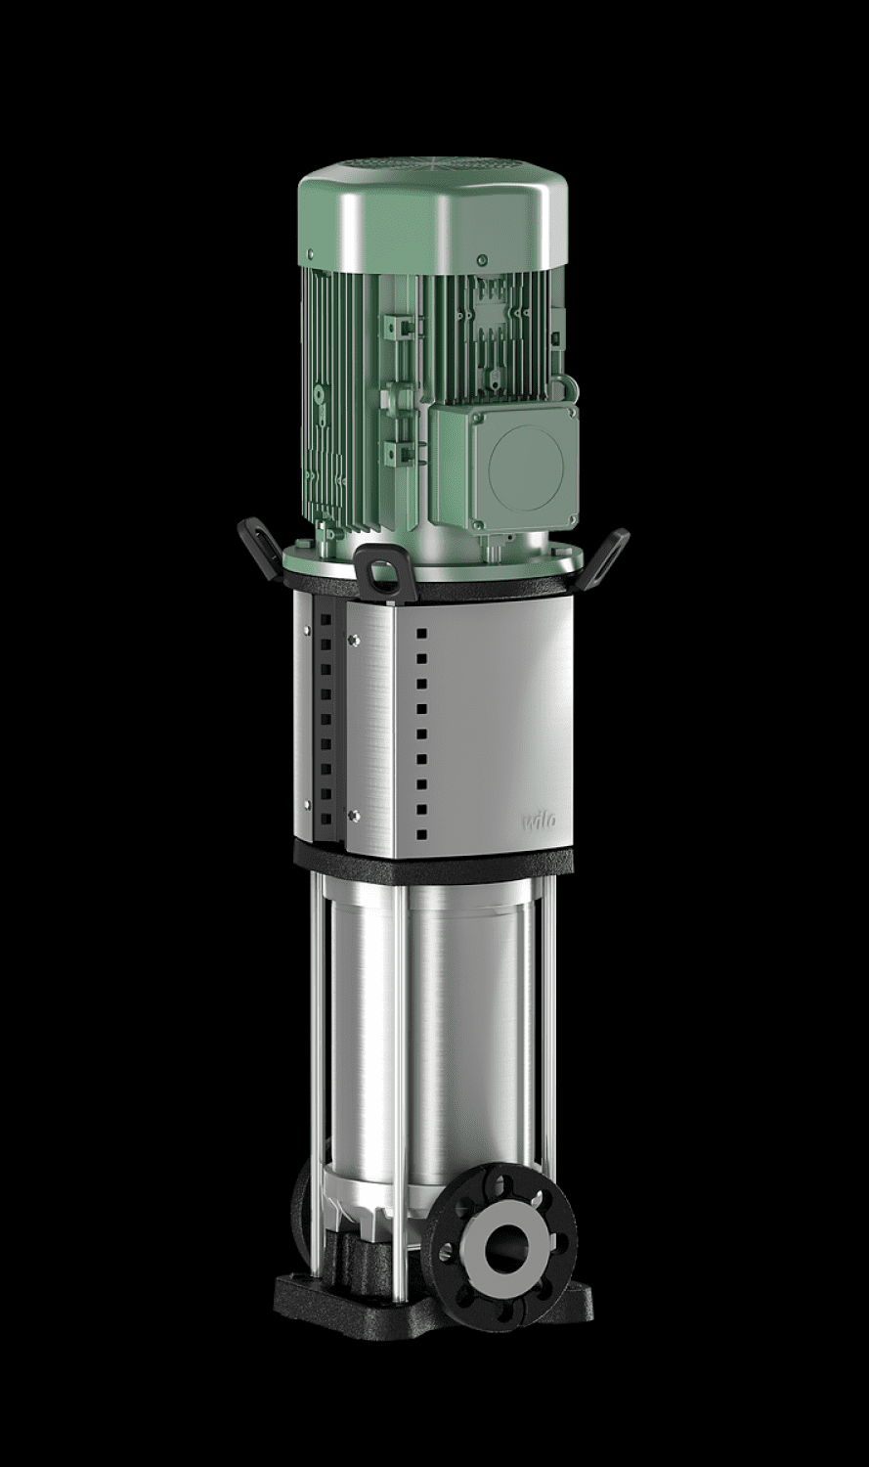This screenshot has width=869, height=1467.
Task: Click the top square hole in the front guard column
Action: coord(421,634)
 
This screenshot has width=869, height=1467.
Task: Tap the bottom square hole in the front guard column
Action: coord(421,833)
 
